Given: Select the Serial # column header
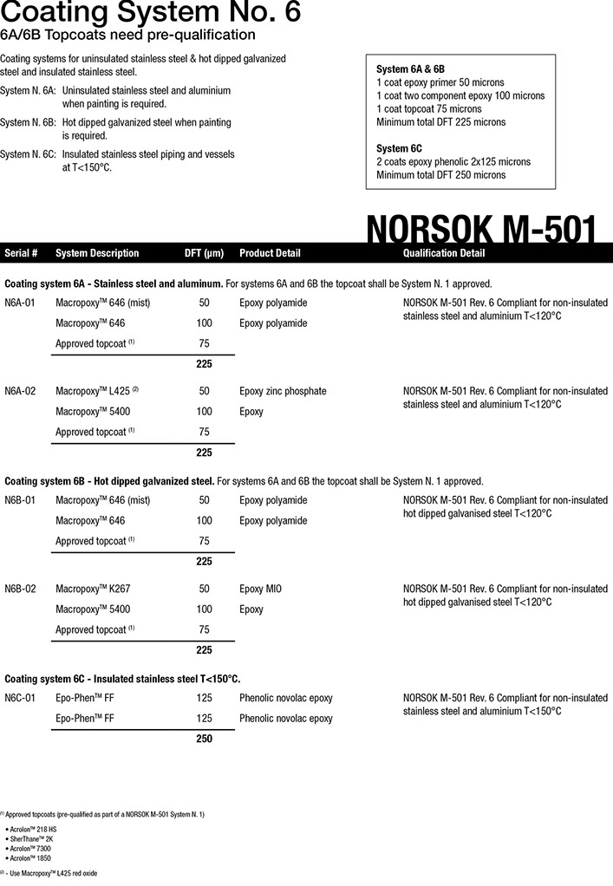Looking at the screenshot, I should point(21,253).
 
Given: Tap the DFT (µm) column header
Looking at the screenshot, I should point(204,253).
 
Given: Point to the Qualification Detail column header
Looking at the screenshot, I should point(444,253).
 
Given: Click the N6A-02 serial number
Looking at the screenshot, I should point(20,391).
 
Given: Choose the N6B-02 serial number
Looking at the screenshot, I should point(20,589).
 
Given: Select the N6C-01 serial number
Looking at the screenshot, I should point(20,698).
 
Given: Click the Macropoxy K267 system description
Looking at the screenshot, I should point(93,589).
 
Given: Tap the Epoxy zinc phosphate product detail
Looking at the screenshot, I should point(283,391).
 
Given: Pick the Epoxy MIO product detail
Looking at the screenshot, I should point(260,589).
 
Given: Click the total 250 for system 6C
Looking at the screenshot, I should point(204,739).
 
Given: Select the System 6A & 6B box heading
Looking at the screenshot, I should point(410,68).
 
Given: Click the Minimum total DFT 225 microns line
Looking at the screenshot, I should point(440,122).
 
